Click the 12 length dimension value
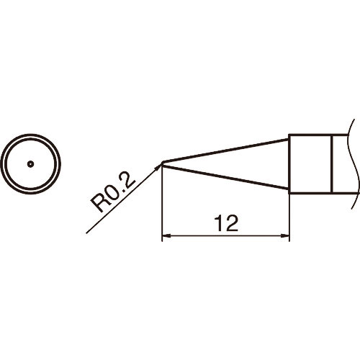click(x=227, y=223)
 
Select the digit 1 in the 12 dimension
click(x=220, y=223)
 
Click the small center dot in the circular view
click(x=30, y=164)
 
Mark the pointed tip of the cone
click(x=162, y=163)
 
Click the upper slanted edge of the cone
click(x=225, y=150)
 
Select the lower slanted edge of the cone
click(x=225, y=177)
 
